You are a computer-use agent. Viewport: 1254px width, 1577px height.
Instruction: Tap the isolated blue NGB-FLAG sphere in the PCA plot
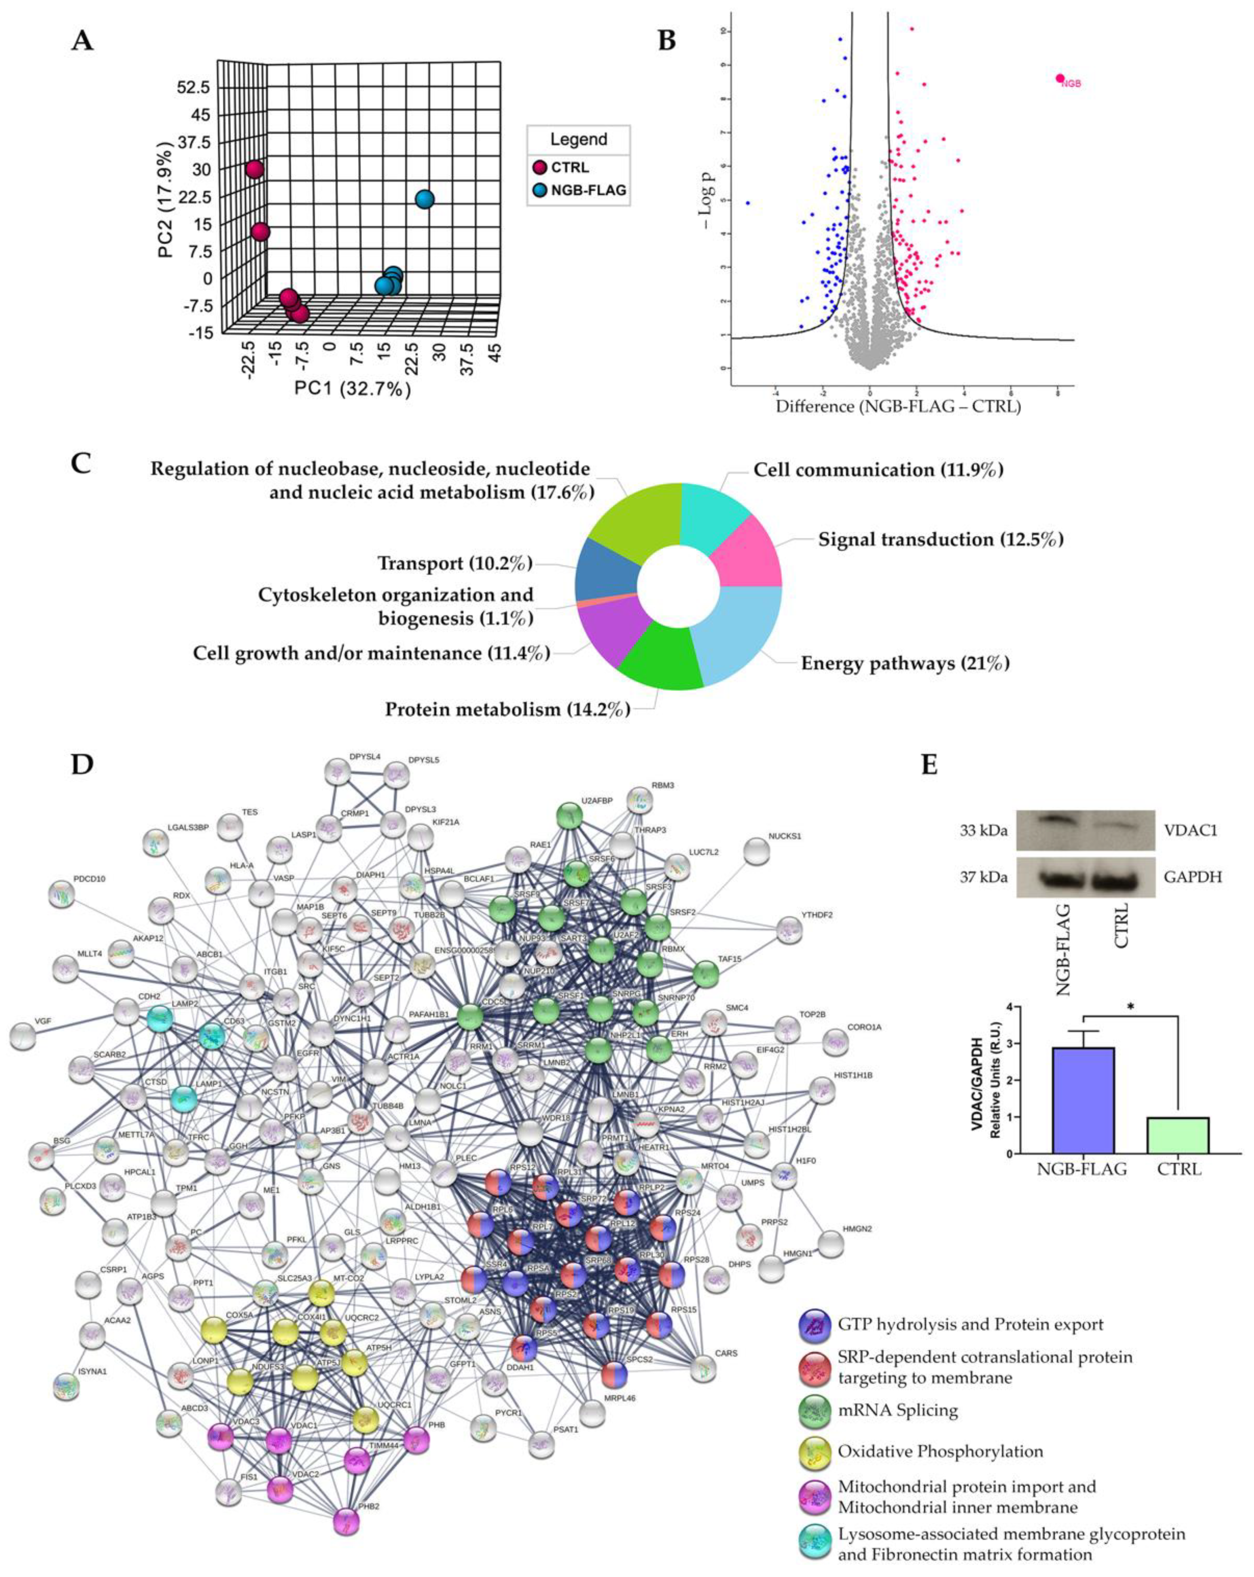click(x=424, y=199)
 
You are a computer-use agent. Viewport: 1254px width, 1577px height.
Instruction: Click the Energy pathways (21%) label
click(x=905, y=663)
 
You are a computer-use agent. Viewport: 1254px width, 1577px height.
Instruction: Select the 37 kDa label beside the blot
click(x=984, y=876)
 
